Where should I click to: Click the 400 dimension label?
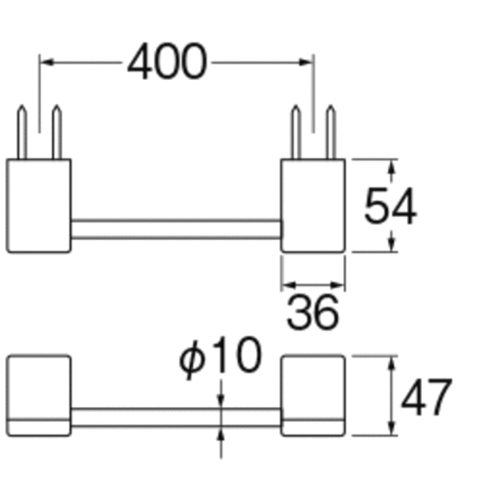click(x=167, y=61)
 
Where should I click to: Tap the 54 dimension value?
click(x=390, y=205)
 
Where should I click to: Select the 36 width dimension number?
click(x=312, y=312)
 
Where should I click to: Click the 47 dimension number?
click(x=426, y=397)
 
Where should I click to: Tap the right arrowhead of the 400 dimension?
click(x=306, y=63)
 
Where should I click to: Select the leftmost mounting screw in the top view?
click(x=22, y=132)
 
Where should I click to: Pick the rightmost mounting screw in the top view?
click(x=331, y=132)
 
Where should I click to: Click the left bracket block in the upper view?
click(x=38, y=205)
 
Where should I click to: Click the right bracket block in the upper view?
click(x=313, y=205)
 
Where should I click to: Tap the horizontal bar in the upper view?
click(x=176, y=229)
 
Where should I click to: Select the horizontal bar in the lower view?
click(x=176, y=417)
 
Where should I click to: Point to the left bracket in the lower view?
click(x=38, y=395)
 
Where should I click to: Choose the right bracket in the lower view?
click(x=313, y=395)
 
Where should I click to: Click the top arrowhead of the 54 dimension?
click(x=391, y=167)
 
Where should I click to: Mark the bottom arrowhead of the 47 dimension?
click(x=391, y=429)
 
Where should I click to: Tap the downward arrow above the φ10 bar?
click(x=221, y=401)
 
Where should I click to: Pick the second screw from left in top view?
click(x=57, y=132)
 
